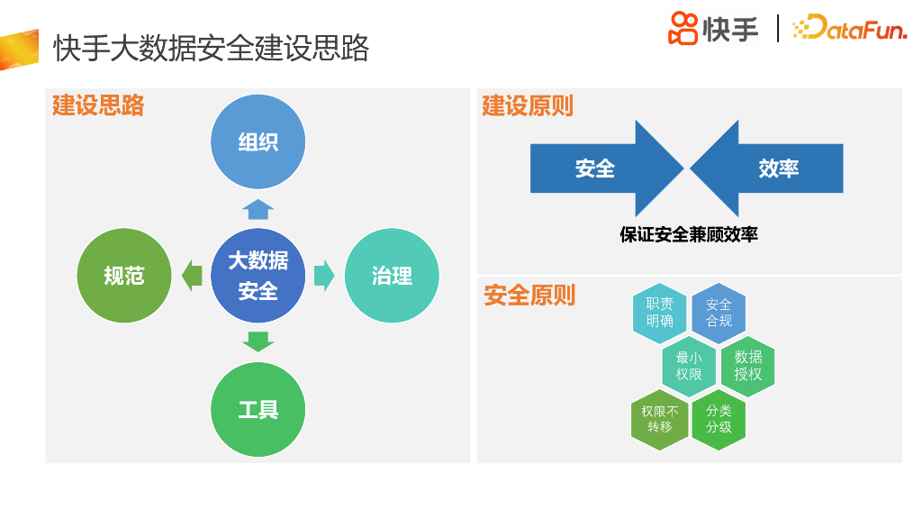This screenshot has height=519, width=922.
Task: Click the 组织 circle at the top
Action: [258, 141]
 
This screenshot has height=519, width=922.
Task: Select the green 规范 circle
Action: [124, 276]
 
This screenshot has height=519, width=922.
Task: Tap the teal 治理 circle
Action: [392, 276]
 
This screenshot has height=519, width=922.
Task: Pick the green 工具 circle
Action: [258, 410]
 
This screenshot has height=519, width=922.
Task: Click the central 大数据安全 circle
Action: [258, 276]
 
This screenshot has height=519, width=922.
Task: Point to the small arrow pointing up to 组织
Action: [258, 209]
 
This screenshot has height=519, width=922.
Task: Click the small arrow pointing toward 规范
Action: [192, 276]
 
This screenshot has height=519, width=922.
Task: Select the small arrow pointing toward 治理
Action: [324, 276]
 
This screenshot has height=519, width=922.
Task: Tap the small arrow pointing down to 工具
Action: [258, 341]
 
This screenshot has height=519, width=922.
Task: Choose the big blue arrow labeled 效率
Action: [774, 168]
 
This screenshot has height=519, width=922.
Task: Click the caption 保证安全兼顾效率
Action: [689, 234]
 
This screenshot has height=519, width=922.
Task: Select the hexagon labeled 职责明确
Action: [659, 313]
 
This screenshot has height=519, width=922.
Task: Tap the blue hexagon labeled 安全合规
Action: [719, 313]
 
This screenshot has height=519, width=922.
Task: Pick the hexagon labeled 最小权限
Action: [689, 366]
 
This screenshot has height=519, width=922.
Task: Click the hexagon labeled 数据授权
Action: [748, 366]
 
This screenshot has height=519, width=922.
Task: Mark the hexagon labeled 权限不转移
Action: [659, 419]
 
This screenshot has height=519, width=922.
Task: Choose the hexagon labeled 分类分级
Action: [719, 419]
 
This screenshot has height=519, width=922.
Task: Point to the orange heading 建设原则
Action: [527, 106]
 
